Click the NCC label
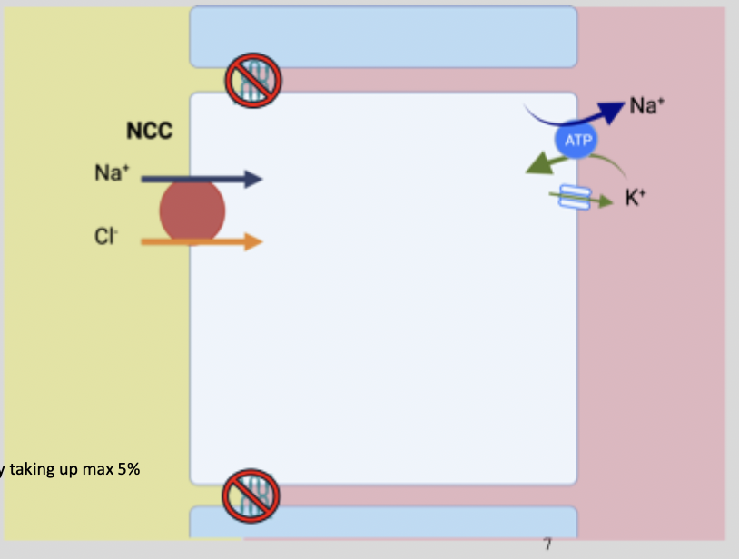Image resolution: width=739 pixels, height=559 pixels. point(149,132)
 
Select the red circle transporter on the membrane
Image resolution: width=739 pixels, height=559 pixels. point(192,211)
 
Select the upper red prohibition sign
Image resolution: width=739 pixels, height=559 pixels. point(253,80)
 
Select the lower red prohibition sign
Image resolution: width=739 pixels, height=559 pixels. point(251,495)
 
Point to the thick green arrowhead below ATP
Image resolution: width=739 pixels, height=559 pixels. point(542,164)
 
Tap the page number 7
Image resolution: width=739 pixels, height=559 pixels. point(547,544)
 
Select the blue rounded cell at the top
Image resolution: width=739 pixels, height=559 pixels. point(383,36)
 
